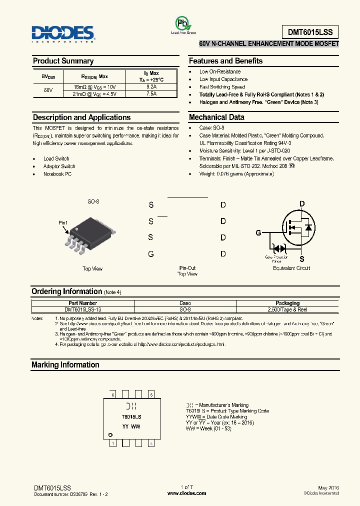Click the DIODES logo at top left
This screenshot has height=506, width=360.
click(x=63, y=33)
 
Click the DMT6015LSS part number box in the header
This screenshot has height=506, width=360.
click(x=306, y=32)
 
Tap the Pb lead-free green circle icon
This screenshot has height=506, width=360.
click(x=183, y=23)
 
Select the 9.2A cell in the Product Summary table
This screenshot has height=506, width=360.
click(x=151, y=86)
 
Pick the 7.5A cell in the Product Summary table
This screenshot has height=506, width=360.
click(x=151, y=93)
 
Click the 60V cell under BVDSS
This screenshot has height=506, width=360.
click(x=48, y=90)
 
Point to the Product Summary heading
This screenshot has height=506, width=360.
click(x=63, y=61)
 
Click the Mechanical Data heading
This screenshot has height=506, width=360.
click(x=216, y=117)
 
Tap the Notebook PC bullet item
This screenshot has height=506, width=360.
click(x=57, y=174)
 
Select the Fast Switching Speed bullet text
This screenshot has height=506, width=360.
click(x=222, y=87)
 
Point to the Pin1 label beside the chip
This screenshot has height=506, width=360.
click(x=63, y=223)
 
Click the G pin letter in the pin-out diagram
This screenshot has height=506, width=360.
click(x=151, y=254)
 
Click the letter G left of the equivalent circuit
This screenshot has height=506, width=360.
click(x=258, y=233)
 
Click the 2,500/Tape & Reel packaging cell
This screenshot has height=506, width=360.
click(x=287, y=309)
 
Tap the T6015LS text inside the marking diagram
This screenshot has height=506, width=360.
click(x=131, y=416)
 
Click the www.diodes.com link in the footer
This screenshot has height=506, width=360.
click(x=186, y=493)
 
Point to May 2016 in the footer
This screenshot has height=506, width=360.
click(x=328, y=487)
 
